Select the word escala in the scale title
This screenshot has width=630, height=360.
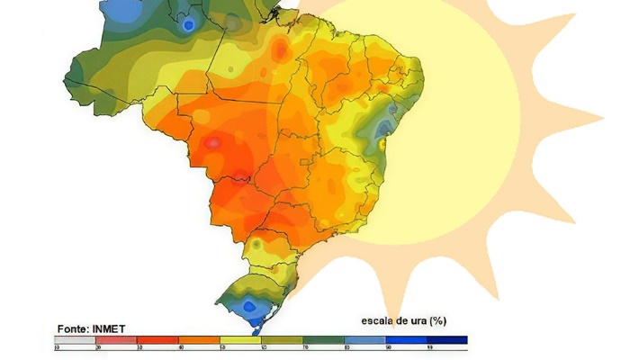(x=380, y=320)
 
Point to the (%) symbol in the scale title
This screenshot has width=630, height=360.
(x=438, y=320)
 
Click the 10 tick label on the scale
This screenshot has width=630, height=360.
(x=57, y=347)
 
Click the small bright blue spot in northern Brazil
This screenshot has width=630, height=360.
(x=188, y=25)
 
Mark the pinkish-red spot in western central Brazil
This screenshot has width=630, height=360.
(x=213, y=142)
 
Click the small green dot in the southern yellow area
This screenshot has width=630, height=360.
(x=257, y=244)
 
